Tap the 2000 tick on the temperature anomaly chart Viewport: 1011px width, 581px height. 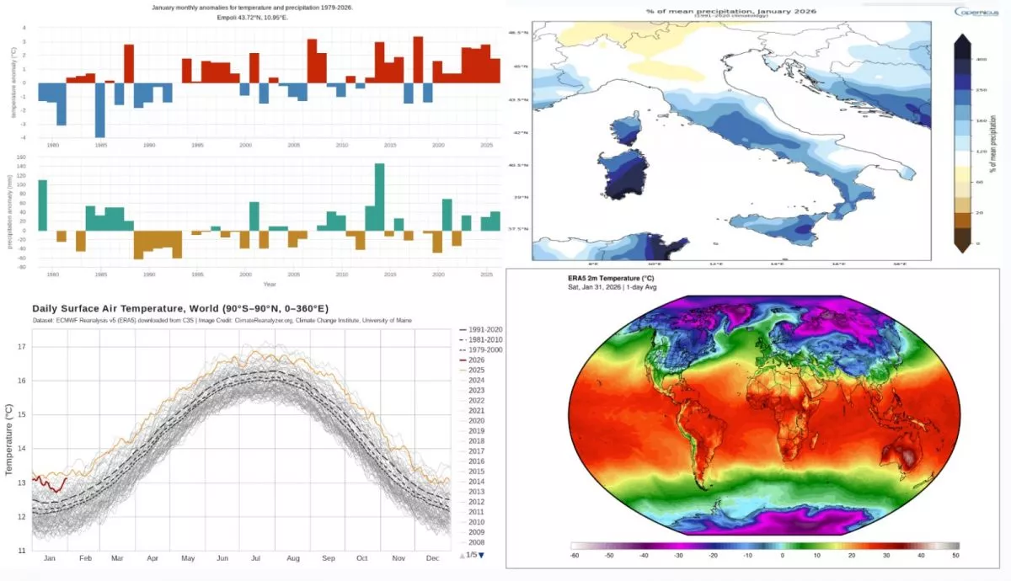coord(245,145)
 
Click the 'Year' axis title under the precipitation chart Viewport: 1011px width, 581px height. coord(268,283)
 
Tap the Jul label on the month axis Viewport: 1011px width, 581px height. coord(258,558)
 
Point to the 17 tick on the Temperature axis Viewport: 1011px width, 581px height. coord(23,347)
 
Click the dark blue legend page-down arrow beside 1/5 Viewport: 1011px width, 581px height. coord(482,555)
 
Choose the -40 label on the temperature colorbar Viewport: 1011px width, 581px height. coord(645,555)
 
